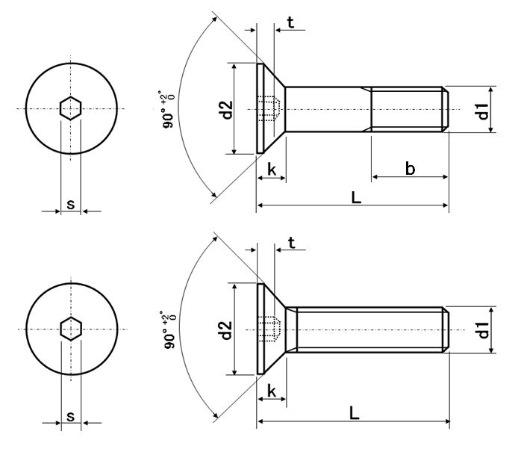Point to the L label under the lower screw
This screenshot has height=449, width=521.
coord(354,414)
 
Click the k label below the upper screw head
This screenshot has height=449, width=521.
coord(272,170)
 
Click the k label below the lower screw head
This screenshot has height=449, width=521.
coord(272,391)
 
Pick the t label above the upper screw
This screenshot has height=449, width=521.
coord(290,22)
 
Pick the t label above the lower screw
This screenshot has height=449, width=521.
coord(291,242)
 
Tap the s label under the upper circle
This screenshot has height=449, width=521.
coord(70,203)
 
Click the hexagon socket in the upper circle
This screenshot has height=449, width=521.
coord(70,109)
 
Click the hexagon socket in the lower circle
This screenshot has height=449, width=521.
coord(70,329)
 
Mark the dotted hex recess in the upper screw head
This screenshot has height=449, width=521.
coord(270,109)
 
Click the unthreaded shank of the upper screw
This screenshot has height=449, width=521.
coord(328,109)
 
